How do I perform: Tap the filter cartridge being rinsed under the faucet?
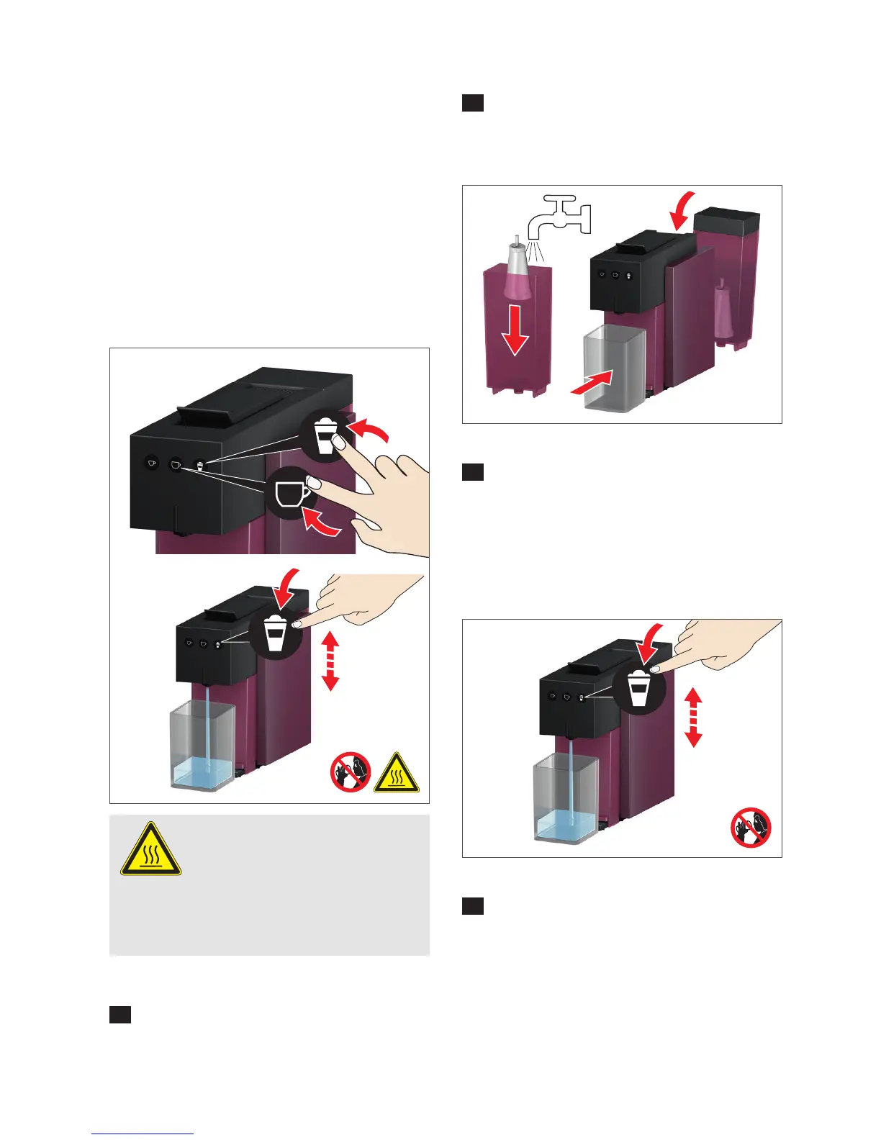pyautogui.click(x=516, y=273)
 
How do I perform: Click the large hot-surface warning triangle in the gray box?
pyautogui.click(x=150, y=851)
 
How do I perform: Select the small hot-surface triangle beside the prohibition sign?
pyautogui.click(x=396, y=774)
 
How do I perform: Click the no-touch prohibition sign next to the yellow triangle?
pyautogui.click(x=351, y=772)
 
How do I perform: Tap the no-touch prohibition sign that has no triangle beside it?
pyautogui.click(x=751, y=827)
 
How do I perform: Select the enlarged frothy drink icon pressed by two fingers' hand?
pyautogui.click(x=325, y=436)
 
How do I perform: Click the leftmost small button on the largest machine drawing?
pyautogui.click(x=151, y=463)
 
